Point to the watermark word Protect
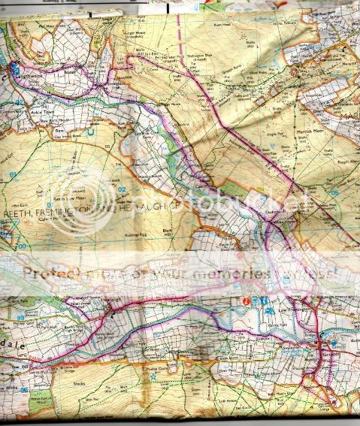pyautogui.click(x=57, y=272)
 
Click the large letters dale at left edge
pyautogui.click(x=17, y=337)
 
